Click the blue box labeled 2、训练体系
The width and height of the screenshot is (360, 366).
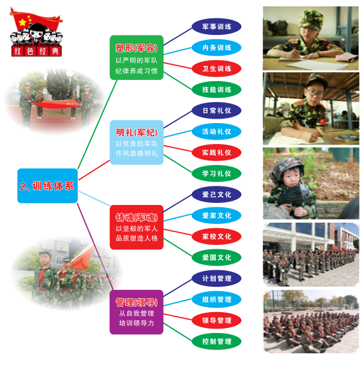[48, 186]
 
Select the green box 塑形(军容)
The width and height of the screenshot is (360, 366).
[137, 58]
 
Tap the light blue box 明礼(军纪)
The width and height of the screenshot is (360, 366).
[137, 142]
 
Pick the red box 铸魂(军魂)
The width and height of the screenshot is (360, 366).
[137, 227]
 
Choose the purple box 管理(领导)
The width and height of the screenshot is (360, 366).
[137, 312]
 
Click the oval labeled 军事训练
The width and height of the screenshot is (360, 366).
[217, 27]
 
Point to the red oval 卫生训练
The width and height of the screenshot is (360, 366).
[217, 69]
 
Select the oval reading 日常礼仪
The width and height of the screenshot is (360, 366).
[217, 110]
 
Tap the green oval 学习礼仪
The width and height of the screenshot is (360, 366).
[217, 173]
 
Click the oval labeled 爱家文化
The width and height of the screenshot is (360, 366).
[217, 216]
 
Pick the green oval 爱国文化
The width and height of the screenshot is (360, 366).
[217, 258]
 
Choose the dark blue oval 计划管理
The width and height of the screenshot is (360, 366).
[217, 278]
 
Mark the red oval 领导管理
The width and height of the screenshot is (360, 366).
[217, 320]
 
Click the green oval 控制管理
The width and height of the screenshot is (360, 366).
[217, 341]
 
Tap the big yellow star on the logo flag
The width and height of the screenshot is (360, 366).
[22, 22]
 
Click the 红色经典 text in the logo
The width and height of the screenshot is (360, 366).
[36, 51]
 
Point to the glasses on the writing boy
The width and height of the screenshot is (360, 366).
[315, 93]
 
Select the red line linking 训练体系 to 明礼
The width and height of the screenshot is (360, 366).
[94, 170]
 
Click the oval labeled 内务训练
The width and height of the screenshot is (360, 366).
[217, 48]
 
